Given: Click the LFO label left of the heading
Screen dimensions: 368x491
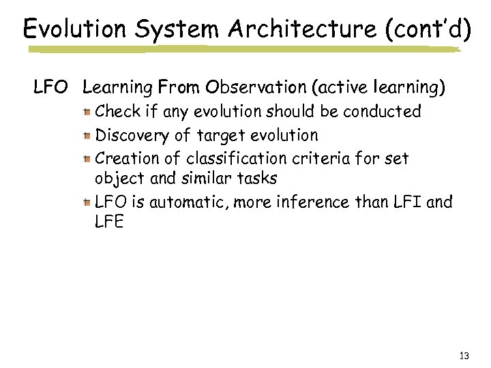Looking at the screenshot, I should click(x=52, y=88).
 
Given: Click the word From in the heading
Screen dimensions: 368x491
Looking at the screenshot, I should click(x=180, y=88).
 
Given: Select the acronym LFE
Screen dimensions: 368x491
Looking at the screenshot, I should click(x=109, y=222).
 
